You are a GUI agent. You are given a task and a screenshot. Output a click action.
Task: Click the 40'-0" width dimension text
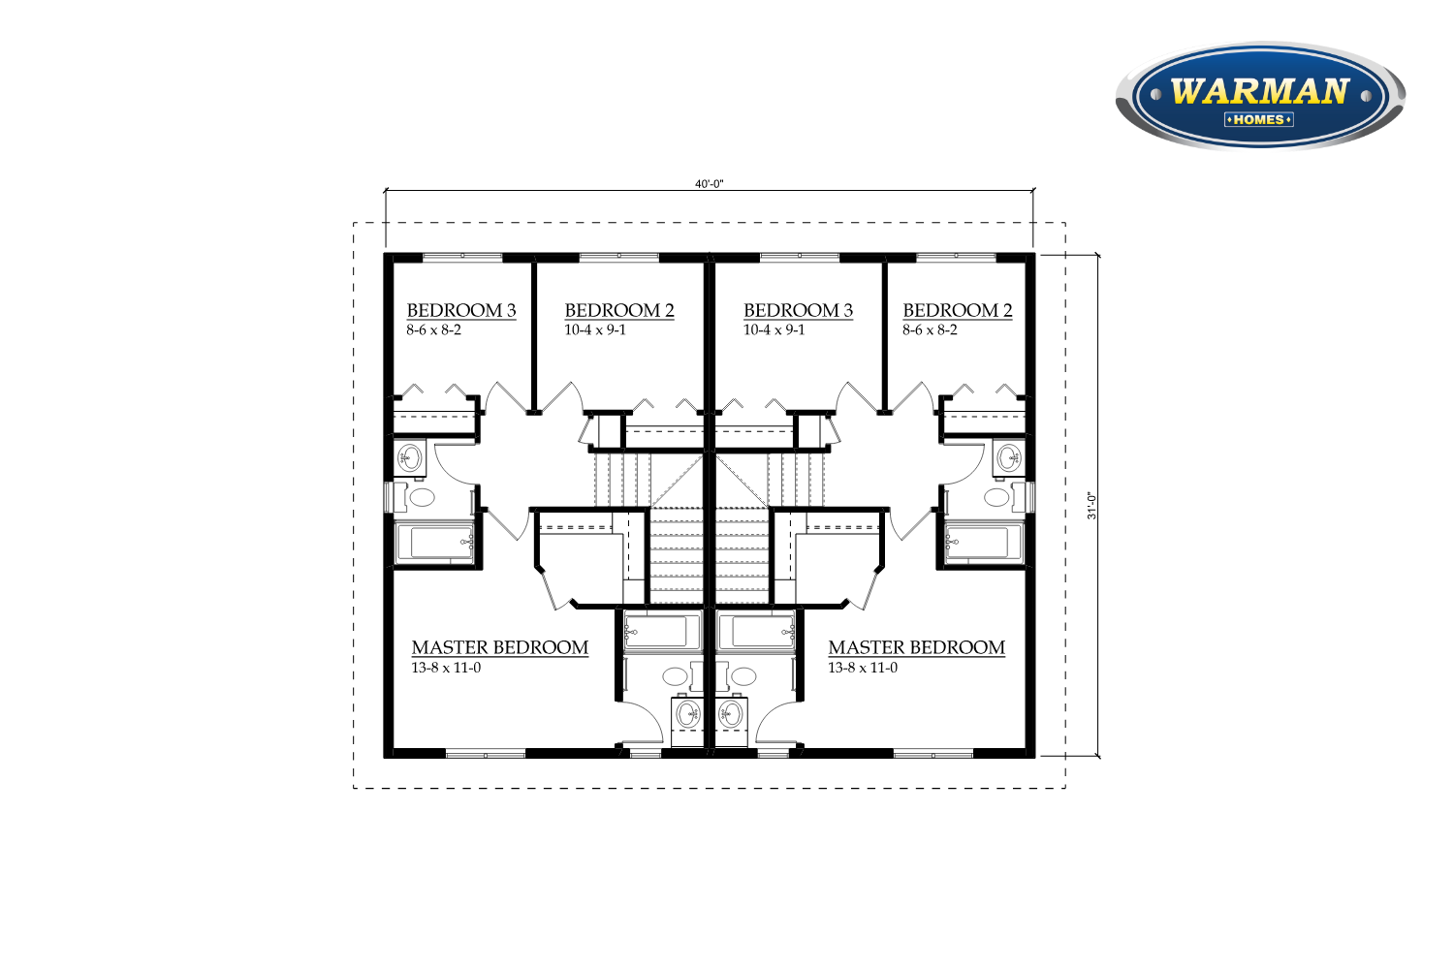[709, 184]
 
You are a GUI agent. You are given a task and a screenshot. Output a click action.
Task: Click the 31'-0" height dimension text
[1091, 506]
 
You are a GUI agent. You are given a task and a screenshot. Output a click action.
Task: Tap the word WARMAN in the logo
[1260, 91]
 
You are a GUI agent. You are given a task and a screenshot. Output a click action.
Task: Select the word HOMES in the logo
[1258, 120]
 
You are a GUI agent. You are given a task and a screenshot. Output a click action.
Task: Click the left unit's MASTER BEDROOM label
[500, 647]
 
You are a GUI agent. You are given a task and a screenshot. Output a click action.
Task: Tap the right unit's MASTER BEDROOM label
[917, 647]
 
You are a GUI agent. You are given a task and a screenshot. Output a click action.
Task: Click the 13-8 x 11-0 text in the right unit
[863, 668]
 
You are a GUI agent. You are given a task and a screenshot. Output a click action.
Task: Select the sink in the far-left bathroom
[410, 458]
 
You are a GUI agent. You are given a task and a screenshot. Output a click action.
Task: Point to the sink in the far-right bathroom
[1009, 458]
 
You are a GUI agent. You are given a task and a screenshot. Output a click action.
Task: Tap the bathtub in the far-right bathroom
[984, 542]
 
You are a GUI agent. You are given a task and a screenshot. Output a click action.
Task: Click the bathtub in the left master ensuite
[662, 630]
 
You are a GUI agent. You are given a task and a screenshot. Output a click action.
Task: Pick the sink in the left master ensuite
[687, 714]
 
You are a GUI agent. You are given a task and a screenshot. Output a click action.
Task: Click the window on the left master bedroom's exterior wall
[486, 754]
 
